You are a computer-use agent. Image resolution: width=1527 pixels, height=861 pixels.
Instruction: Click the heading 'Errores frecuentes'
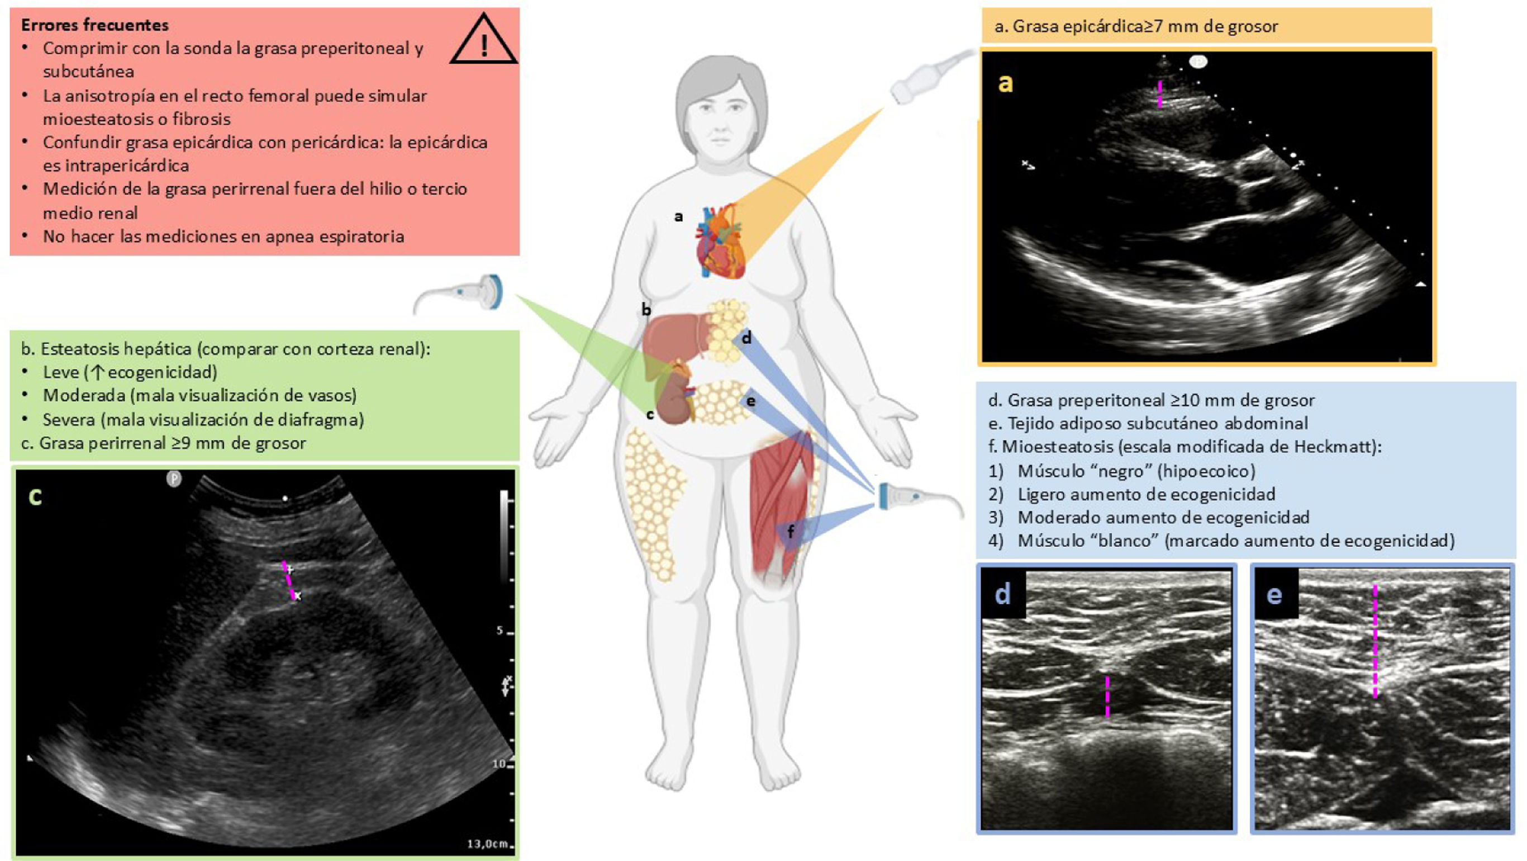coord(95,25)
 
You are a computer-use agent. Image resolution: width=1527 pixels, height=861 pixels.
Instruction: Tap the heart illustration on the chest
coord(721,242)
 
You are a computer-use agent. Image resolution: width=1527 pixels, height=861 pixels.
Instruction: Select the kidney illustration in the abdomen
coord(674,401)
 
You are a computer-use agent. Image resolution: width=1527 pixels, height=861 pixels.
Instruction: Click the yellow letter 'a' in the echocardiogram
coord(1005,83)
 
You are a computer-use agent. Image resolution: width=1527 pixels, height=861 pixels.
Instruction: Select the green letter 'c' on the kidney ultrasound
coord(35,496)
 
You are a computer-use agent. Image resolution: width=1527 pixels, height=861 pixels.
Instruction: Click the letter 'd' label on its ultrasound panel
coord(1002,594)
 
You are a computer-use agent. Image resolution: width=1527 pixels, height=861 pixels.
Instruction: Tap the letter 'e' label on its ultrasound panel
coord(1274,594)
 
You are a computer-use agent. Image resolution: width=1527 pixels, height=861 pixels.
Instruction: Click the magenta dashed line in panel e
coord(1374,640)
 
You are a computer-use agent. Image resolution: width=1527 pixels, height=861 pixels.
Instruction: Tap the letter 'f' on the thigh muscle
coord(790,532)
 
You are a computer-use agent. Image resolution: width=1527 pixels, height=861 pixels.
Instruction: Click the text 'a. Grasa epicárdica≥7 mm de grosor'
coord(1136,26)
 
